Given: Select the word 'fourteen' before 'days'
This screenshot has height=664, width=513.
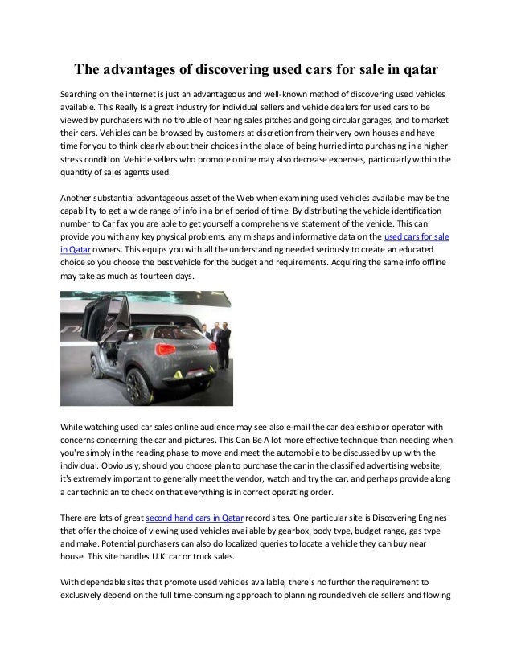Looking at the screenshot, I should pyautogui.click(x=157, y=277).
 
